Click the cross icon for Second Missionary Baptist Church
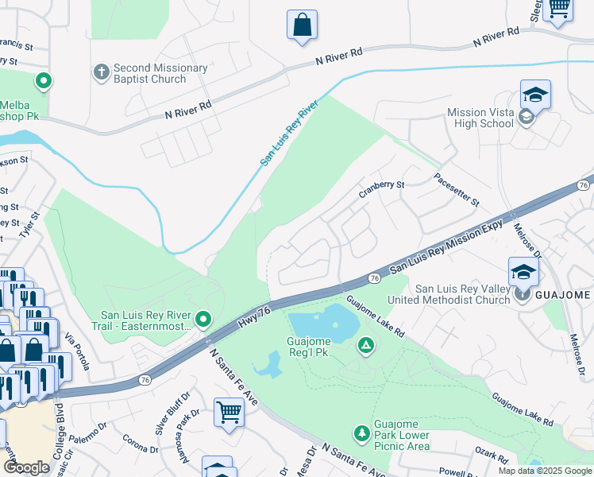[101, 73]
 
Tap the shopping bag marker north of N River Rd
[302, 25]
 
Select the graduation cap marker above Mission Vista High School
[535, 95]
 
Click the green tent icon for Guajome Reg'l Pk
[365, 345]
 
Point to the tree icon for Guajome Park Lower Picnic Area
[362, 432]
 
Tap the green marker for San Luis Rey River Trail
[203, 320]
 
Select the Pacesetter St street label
[457, 190]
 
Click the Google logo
[26, 467]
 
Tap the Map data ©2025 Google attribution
[544, 471]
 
